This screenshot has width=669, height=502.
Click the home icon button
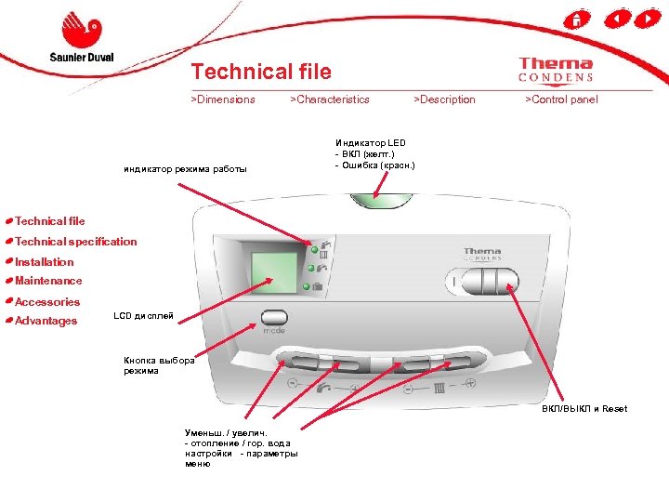(576, 20)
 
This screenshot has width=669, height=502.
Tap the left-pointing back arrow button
(615, 20)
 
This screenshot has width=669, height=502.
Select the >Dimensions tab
(223, 99)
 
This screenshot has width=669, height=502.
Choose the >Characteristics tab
(330, 99)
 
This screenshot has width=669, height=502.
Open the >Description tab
(444, 99)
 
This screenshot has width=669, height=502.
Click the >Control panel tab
(561, 99)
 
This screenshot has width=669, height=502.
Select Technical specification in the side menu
(75, 242)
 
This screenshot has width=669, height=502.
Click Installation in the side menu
(44, 262)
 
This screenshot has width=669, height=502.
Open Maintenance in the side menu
(48, 281)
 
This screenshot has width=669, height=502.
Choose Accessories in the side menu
(47, 302)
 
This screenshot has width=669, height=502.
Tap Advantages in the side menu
(46, 322)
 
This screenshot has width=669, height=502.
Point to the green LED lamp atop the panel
(381, 199)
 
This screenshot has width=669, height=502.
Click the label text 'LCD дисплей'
(143, 317)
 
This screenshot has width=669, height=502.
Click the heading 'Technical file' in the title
(260, 72)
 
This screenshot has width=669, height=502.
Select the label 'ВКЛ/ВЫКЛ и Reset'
(584, 409)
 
